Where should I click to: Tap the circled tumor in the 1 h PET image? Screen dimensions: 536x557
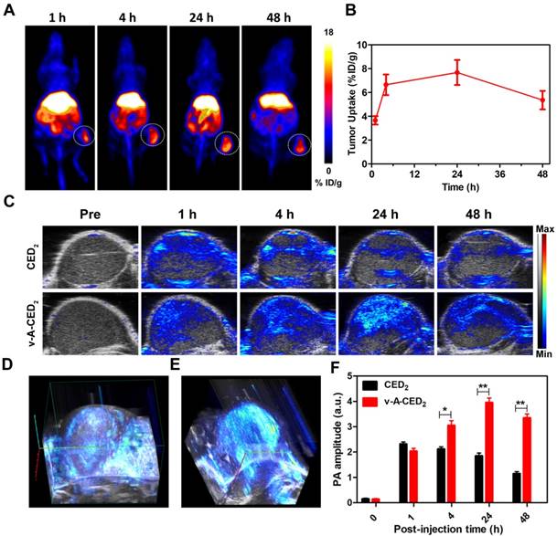83,137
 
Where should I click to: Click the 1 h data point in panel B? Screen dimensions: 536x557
375,120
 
